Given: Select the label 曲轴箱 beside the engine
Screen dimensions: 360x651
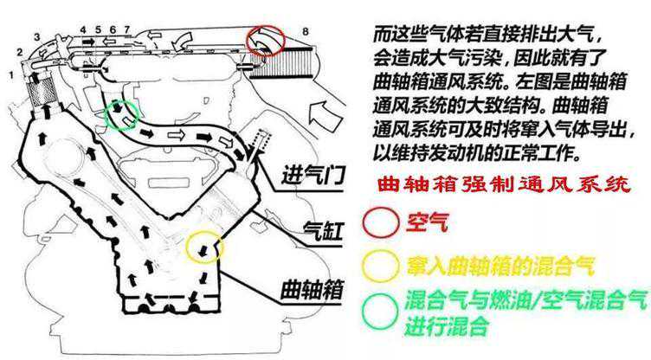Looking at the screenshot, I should (313, 287).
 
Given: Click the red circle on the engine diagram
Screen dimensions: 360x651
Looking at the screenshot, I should (267, 39).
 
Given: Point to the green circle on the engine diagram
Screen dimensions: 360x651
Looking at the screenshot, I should (119, 114).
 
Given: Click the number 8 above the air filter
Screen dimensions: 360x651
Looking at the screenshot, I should (305, 32).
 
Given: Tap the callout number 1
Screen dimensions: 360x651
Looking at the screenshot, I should (10, 75).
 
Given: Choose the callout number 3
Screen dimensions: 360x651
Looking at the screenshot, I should (36, 36).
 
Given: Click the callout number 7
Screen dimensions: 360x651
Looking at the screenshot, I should (126, 30).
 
